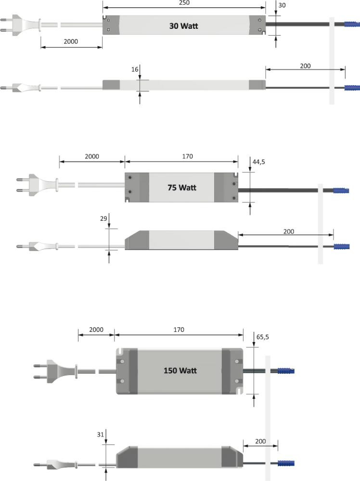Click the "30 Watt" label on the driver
pyautogui.click(x=183, y=26)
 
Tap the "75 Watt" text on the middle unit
pyautogui.click(x=182, y=188)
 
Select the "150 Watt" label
pyautogui.click(x=180, y=370)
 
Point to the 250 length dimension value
pyautogui.click(x=184, y=3)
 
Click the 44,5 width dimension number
pyautogui.click(x=259, y=162)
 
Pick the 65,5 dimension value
pyautogui.click(x=263, y=337)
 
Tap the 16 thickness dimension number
pyautogui.click(x=135, y=69)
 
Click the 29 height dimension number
pyautogui.click(x=103, y=218)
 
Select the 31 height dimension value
pyautogui.click(x=101, y=434)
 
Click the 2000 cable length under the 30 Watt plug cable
pyautogui.click(x=71, y=41)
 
